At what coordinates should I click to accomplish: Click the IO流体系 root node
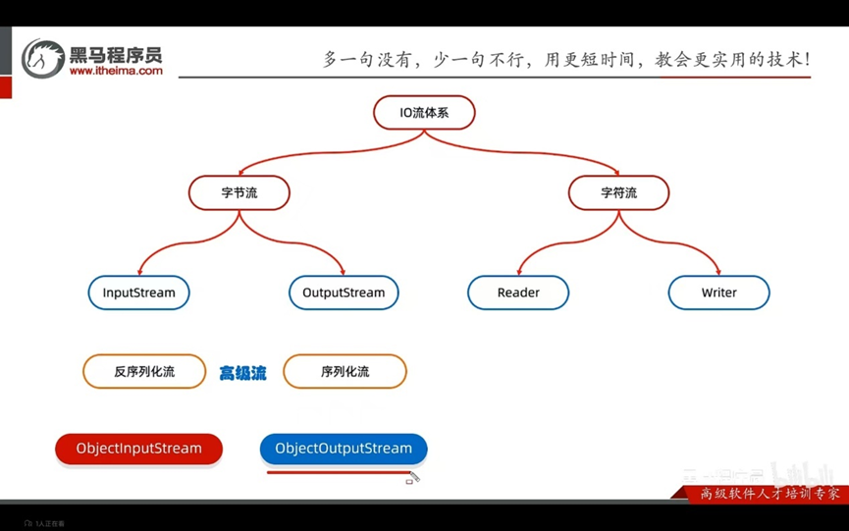click(424, 113)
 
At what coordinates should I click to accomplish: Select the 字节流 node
click(239, 192)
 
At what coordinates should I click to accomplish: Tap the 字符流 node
click(618, 192)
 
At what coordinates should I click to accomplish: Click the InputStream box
click(138, 292)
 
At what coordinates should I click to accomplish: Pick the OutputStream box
click(344, 292)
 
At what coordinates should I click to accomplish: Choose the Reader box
click(518, 292)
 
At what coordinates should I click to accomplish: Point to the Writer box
click(718, 292)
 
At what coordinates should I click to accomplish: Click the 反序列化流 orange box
click(144, 372)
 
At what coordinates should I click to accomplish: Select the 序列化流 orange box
click(345, 372)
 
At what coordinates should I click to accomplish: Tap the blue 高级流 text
click(242, 373)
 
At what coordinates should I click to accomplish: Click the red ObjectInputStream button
click(138, 449)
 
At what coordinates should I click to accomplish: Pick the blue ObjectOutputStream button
click(344, 449)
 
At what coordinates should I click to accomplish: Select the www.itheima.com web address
click(116, 71)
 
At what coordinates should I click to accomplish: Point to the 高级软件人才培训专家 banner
click(763, 494)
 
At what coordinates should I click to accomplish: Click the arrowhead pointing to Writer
click(717, 271)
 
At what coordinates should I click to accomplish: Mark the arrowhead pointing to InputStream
click(139, 271)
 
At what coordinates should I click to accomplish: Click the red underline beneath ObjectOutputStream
click(339, 472)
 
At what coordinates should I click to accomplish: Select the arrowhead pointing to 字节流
click(240, 171)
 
